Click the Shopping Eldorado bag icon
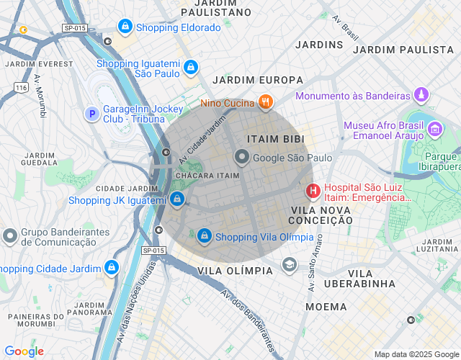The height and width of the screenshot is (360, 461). tap(126, 27)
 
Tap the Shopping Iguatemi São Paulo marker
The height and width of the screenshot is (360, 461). tap(190, 68)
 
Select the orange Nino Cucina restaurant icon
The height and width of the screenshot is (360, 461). tap(266, 102)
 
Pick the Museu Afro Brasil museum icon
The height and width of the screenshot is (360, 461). tap(434, 130)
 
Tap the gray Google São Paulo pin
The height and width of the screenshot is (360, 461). tap(242, 157)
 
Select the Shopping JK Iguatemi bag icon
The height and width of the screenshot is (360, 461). tap(177, 199)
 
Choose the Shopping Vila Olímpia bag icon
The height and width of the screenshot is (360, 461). tap(205, 235)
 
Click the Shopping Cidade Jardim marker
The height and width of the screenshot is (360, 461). tap(111, 268)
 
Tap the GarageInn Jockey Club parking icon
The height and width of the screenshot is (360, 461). tap(91, 114)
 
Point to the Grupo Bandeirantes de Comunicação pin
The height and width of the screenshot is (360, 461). tap(10, 235)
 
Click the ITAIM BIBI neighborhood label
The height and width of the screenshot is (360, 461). tap(275, 138)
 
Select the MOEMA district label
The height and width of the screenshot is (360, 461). tap(326, 307)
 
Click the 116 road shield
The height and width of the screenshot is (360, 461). tap(21, 86)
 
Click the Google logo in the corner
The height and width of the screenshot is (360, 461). tap(24, 351)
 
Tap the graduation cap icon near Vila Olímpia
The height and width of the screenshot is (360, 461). tap(290, 264)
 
